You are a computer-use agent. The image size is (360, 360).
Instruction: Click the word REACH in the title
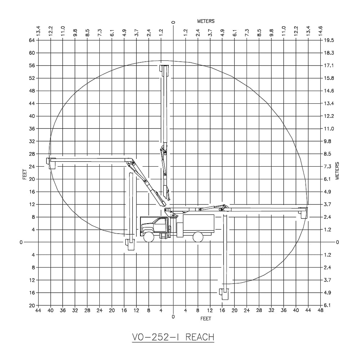[200, 337]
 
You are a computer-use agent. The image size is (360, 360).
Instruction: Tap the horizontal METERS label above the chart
[206, 21]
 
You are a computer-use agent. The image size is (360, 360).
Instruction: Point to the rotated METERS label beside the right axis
[337, 171]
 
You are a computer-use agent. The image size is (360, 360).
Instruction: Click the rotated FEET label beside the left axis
[24, 174]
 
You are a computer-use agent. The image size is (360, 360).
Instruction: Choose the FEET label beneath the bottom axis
[206, 319]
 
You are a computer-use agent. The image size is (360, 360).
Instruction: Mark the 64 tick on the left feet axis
[32, 40]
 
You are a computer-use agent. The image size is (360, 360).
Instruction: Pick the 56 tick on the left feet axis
[32, 66]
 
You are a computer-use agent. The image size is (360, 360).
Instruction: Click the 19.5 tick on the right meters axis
[329, 40]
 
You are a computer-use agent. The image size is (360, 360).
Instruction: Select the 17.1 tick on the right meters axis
[329, 66]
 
